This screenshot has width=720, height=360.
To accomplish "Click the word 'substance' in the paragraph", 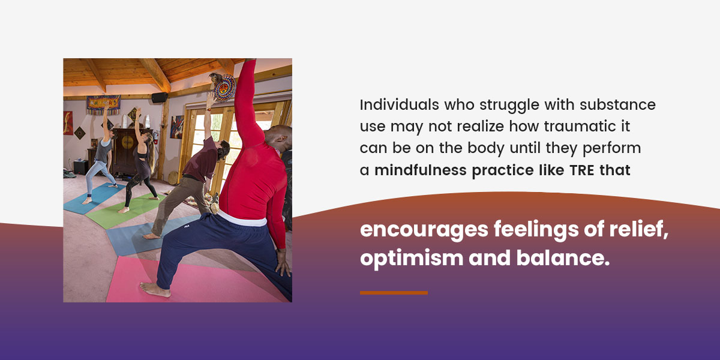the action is coord(617,105).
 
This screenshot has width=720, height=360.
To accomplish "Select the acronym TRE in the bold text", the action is coord(582,170).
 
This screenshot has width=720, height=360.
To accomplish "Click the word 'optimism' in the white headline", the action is coord(412,258).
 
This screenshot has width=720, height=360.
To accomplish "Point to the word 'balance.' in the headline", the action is coord(563,258).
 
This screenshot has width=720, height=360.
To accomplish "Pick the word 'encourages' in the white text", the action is coord(424,229).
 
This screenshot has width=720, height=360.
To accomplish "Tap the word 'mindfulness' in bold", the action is coord(421,170).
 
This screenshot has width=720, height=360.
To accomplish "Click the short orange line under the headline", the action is coord(394,293).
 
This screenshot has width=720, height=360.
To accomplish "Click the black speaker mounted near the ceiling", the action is coord(160,97).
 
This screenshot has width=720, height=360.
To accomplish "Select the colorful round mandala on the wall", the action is coord(225,88).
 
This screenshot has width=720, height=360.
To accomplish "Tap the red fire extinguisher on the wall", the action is coord(156,137).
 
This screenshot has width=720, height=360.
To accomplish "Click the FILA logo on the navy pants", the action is coord(186,226).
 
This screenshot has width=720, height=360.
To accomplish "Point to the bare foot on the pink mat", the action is coord(155,289).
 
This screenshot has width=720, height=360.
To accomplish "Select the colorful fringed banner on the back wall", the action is coord(103,104).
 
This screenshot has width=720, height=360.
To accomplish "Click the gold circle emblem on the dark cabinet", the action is coord(127,142).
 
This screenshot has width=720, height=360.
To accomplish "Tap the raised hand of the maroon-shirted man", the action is coord(211,100).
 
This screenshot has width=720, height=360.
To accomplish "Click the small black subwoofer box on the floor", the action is coord(80,167).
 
